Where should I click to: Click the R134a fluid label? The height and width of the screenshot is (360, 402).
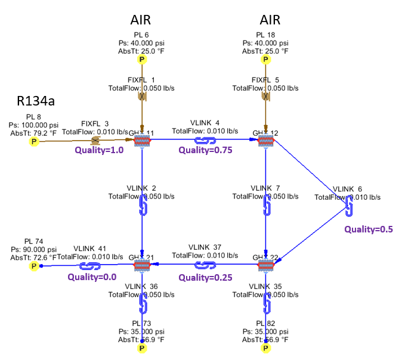click(35, 101)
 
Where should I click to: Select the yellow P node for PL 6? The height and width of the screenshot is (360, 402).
click(142, 60)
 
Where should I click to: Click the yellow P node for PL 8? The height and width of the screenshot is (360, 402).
click(35, 142)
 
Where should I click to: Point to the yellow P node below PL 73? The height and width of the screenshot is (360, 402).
click(142, 347)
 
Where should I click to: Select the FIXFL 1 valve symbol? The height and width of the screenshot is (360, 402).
click(142, 95)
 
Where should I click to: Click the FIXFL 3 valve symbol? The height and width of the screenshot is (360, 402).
click(94, 141)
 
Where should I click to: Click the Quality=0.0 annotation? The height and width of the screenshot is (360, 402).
click(91, 277)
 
